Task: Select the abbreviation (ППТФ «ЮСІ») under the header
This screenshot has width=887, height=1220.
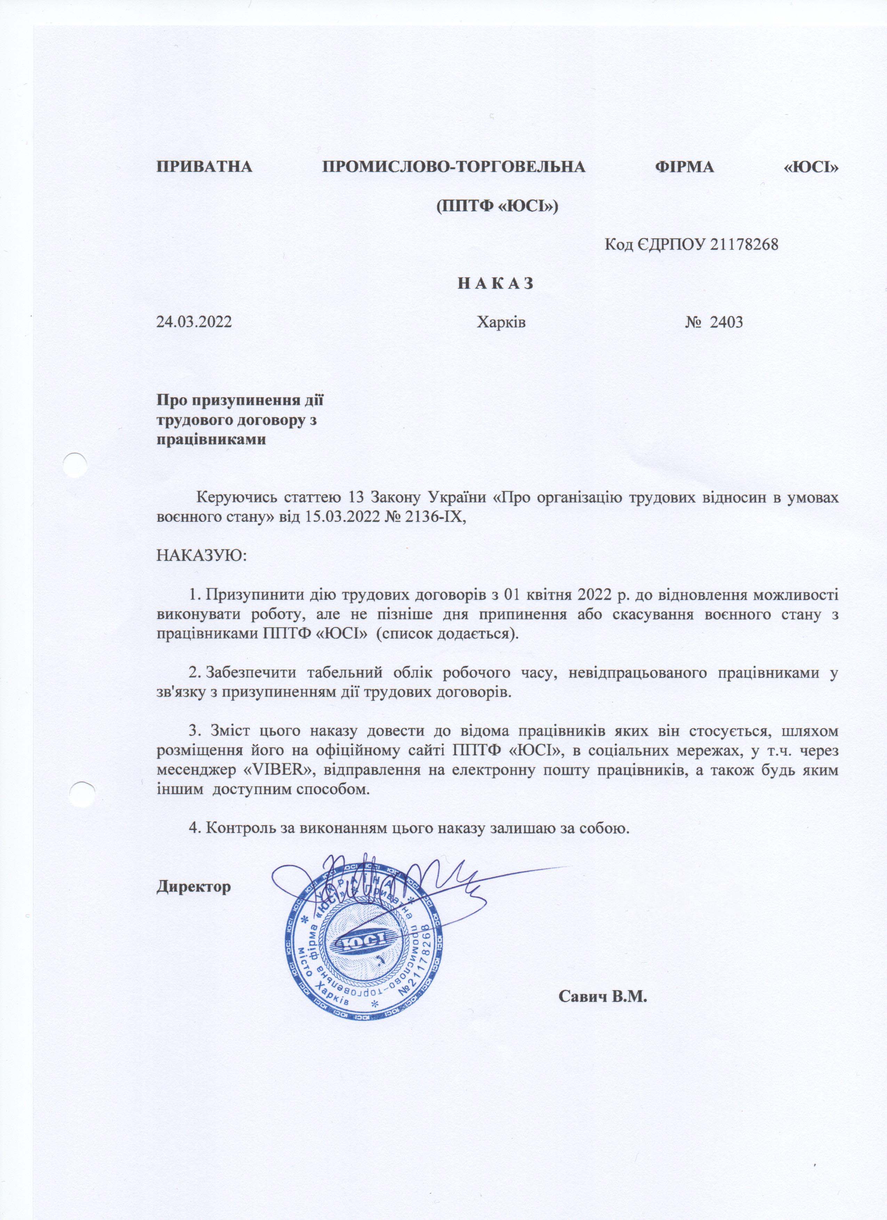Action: coord(497,205)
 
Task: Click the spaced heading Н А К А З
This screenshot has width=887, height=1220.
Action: coord(495,284)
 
